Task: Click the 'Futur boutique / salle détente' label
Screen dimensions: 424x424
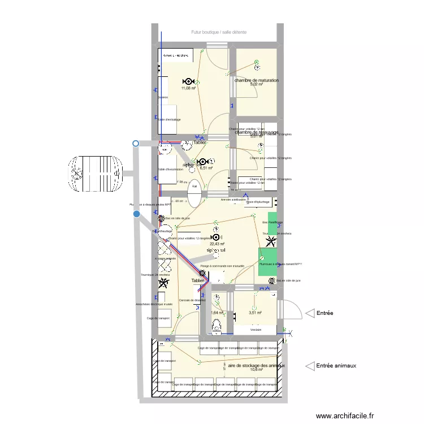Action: pyautogui.click(x=219, y=33)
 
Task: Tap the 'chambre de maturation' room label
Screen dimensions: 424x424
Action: pyautogui.click(x=257, y=81)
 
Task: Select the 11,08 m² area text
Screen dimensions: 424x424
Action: pyautogui.click(x=188, y=88)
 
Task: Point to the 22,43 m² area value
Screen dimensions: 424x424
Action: pyautogui.click(x=218, y=244)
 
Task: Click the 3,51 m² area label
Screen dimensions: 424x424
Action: pyautogui.click(x=256, y=313)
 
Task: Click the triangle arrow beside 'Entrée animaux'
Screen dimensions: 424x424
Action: pyautogui.click(x=309, y=366)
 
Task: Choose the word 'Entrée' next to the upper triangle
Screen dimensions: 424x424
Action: pyautogui.click(x=325, y=313)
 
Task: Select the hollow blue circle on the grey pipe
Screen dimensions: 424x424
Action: pyautogui.click(x=135, y=144)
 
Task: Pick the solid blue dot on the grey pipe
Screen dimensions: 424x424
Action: pyautogui.click(x=136, y=214)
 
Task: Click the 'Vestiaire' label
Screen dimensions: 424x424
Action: pyautogui.click(x=256, y=329)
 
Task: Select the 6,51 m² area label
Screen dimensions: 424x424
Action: pyautogui.click(x=205, y=168)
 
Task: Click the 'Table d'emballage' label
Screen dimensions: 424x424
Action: pyautogui.click(x=170, y=120)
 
